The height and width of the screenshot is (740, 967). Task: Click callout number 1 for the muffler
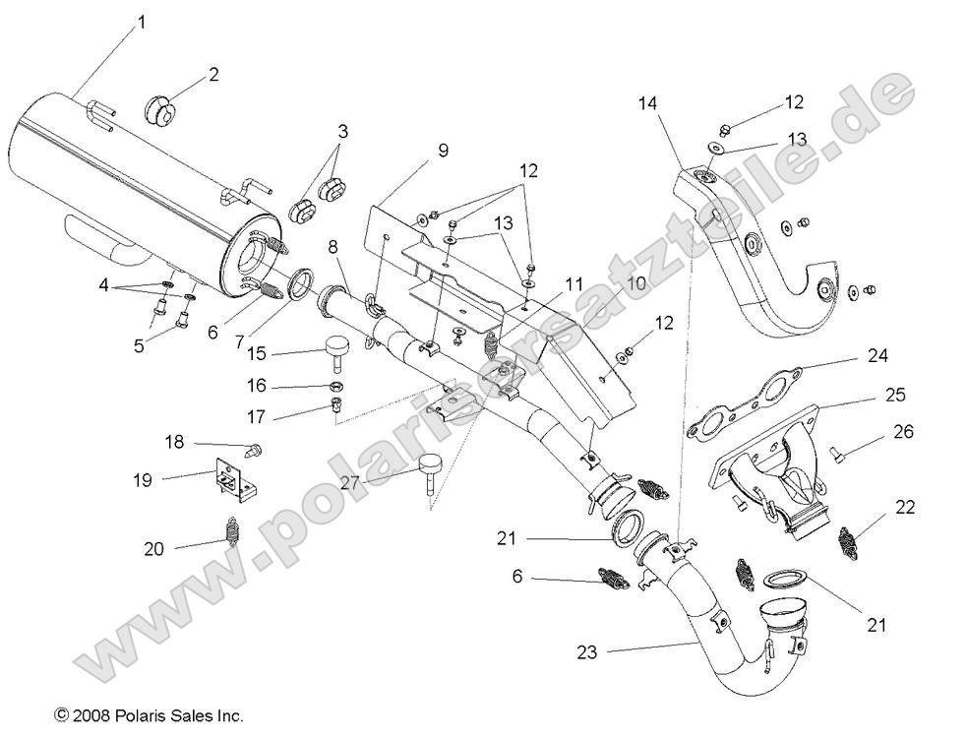coord(140,21)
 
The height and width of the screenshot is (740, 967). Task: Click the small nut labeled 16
coord(335,385)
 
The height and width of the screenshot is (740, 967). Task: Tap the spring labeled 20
coord(230,536)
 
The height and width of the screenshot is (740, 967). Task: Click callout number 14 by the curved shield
coord(645,101)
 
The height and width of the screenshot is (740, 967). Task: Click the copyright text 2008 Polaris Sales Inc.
coord(149,716)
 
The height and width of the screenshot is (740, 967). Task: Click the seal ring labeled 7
coord(293,287)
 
